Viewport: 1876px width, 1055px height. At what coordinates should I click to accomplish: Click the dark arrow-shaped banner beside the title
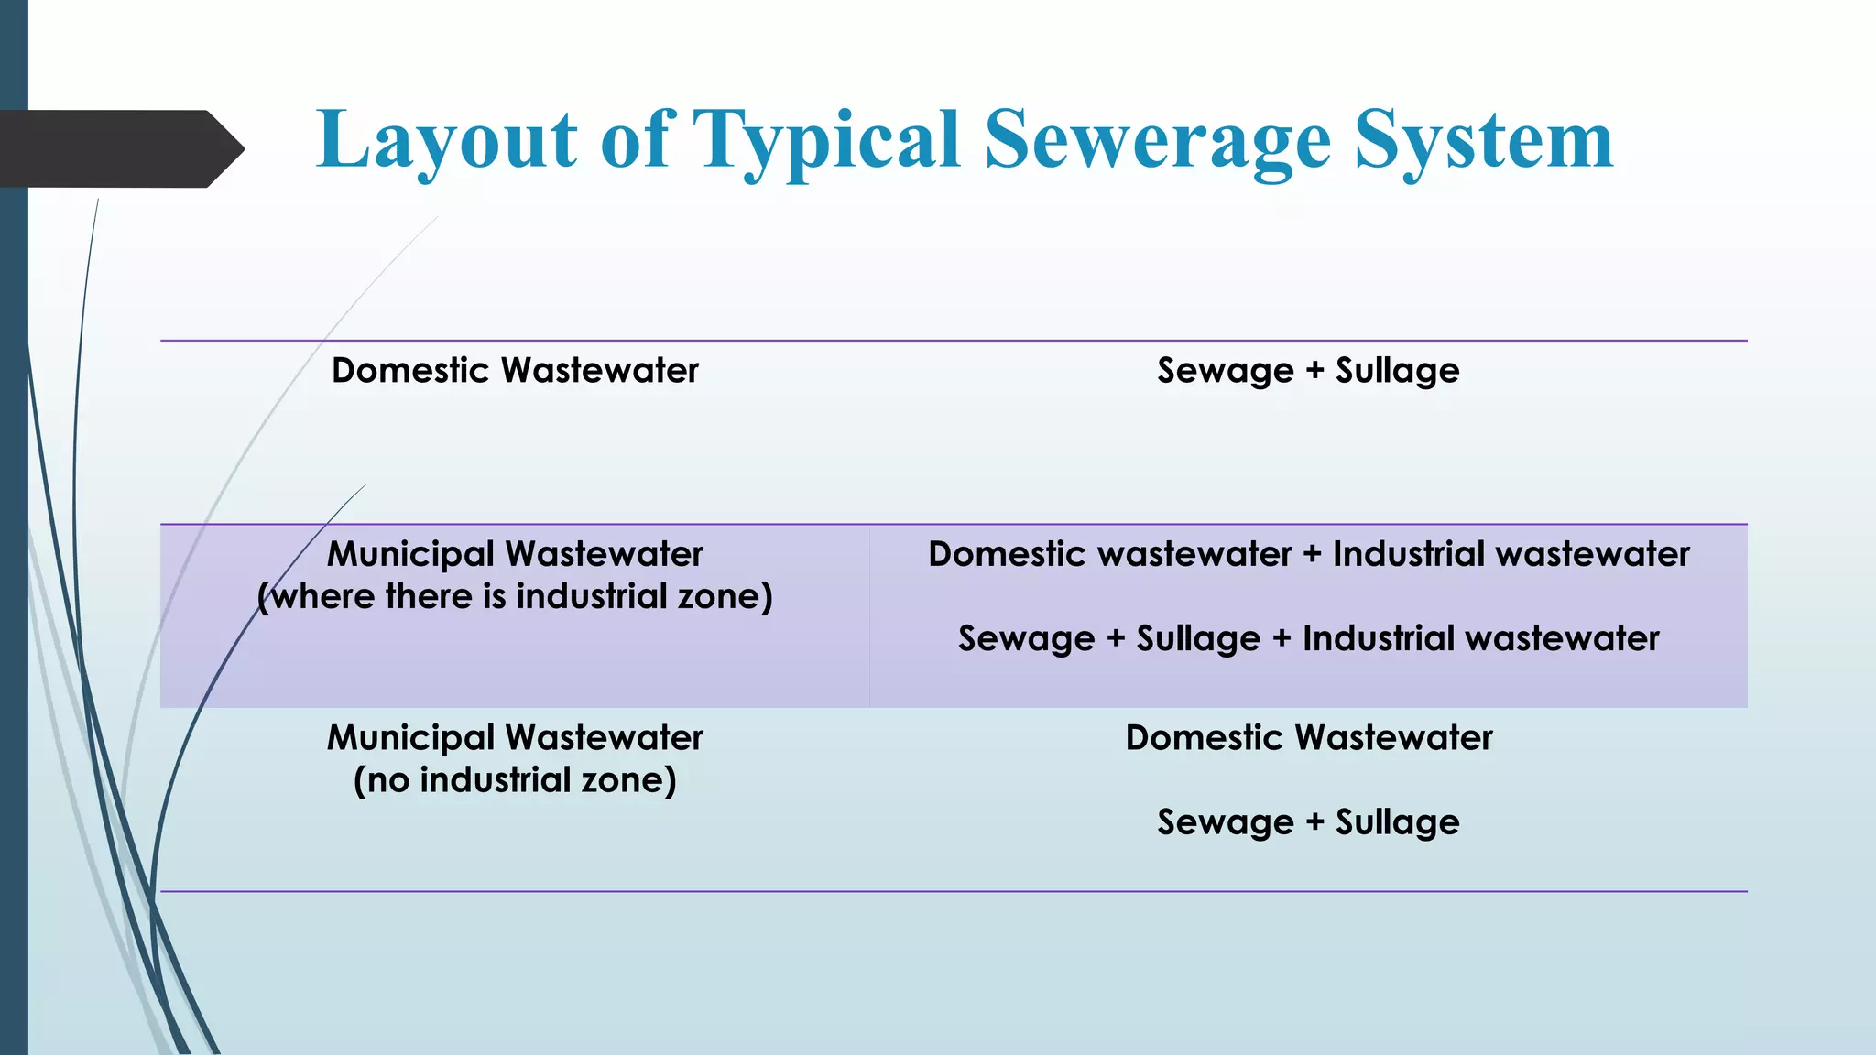[119, 148]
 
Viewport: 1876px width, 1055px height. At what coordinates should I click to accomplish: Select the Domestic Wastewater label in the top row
[515, 371]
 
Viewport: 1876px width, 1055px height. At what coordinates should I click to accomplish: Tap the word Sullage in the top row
[1397, 372]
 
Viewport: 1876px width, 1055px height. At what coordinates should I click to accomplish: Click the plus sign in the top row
[1314, 371]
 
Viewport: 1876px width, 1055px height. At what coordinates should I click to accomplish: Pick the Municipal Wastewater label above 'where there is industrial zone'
[515, 554]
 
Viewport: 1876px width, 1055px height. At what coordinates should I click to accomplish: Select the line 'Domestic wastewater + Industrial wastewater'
[1308, 554]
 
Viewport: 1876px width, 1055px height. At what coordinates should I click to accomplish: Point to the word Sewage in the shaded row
[1026, 639]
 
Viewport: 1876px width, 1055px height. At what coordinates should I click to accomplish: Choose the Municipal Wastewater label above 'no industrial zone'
[515, 737]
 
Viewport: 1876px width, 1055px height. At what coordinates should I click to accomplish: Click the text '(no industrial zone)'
[515, 780]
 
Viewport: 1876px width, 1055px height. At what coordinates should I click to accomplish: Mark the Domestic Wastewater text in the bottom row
[1308, 737]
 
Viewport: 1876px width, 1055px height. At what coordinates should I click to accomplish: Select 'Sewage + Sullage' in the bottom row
[1308, 822]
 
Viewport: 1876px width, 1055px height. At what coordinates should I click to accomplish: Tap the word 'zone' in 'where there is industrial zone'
[719, 596]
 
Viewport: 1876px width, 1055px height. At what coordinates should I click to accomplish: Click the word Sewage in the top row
[1225, 372]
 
